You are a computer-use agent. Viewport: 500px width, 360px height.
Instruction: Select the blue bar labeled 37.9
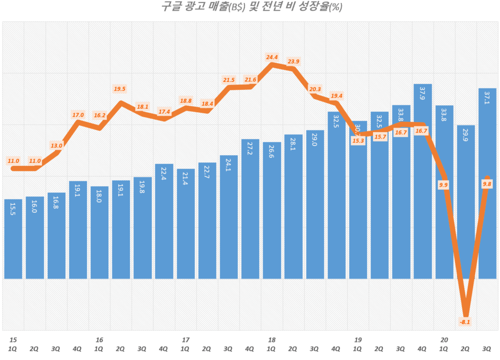tap(423, 180)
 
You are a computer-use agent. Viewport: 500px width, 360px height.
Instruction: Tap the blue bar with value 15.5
tap(13, 239)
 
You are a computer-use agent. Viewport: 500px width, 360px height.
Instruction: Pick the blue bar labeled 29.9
tap(466, 202)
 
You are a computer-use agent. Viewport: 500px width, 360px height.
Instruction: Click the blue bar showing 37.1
tap(487, 183)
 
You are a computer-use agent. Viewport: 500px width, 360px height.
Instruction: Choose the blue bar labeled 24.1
tap(229, 217)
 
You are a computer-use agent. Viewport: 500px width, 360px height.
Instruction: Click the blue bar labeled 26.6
tap(271, 210)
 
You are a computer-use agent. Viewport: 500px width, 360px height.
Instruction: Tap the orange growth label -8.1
tap(465, 321)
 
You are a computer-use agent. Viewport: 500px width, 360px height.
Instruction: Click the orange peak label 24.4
tap(272, 57)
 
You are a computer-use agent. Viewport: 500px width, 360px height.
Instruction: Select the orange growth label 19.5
tap(120, 89)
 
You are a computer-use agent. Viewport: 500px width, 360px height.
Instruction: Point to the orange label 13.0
tap(56, 145)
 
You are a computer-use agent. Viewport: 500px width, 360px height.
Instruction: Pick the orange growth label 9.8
tap(487, 183)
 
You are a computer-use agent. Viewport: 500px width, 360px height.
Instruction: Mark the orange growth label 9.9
tap(443, 184)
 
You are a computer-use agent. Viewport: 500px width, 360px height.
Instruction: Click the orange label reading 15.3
tap(358, 141)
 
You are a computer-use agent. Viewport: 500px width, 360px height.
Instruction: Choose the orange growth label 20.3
tap(315, 89)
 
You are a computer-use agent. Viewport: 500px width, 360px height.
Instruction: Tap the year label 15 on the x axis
tap(13, 340)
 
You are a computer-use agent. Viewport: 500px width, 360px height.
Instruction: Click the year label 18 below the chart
tap(272, 340)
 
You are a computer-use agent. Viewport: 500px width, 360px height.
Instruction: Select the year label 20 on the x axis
tap(444, 340)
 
